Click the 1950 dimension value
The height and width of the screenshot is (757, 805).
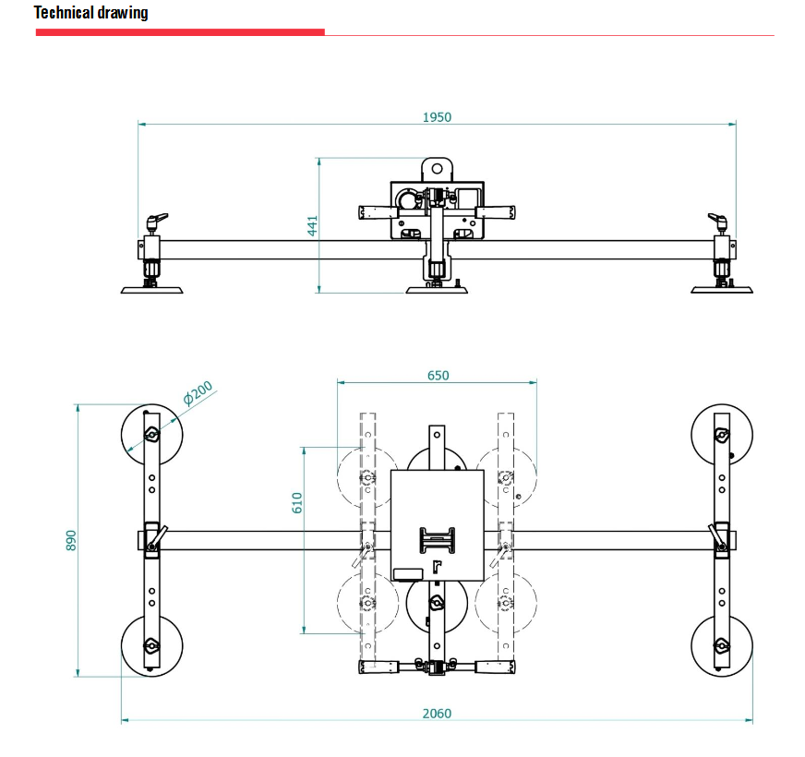click(x=437, y=117)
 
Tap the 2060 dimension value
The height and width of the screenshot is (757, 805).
click(x=437, y=713)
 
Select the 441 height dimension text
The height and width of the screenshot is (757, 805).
click(x=312, y=225)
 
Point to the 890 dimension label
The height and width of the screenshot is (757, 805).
click(x=71, y=540)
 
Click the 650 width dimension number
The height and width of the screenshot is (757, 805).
click(x=439, y=375)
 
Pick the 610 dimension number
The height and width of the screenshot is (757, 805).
click(x=297, y=502)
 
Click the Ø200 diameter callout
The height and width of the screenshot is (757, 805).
click(x=198, y=393)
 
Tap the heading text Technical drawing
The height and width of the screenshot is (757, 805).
click(x=90, y=13)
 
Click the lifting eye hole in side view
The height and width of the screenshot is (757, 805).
click(x=437, y=169)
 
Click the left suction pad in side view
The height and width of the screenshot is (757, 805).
click(x=151, y=289)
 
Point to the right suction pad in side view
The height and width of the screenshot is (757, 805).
click(x=722, y=289)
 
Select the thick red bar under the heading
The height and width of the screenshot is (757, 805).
click(x=180, y=32)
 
